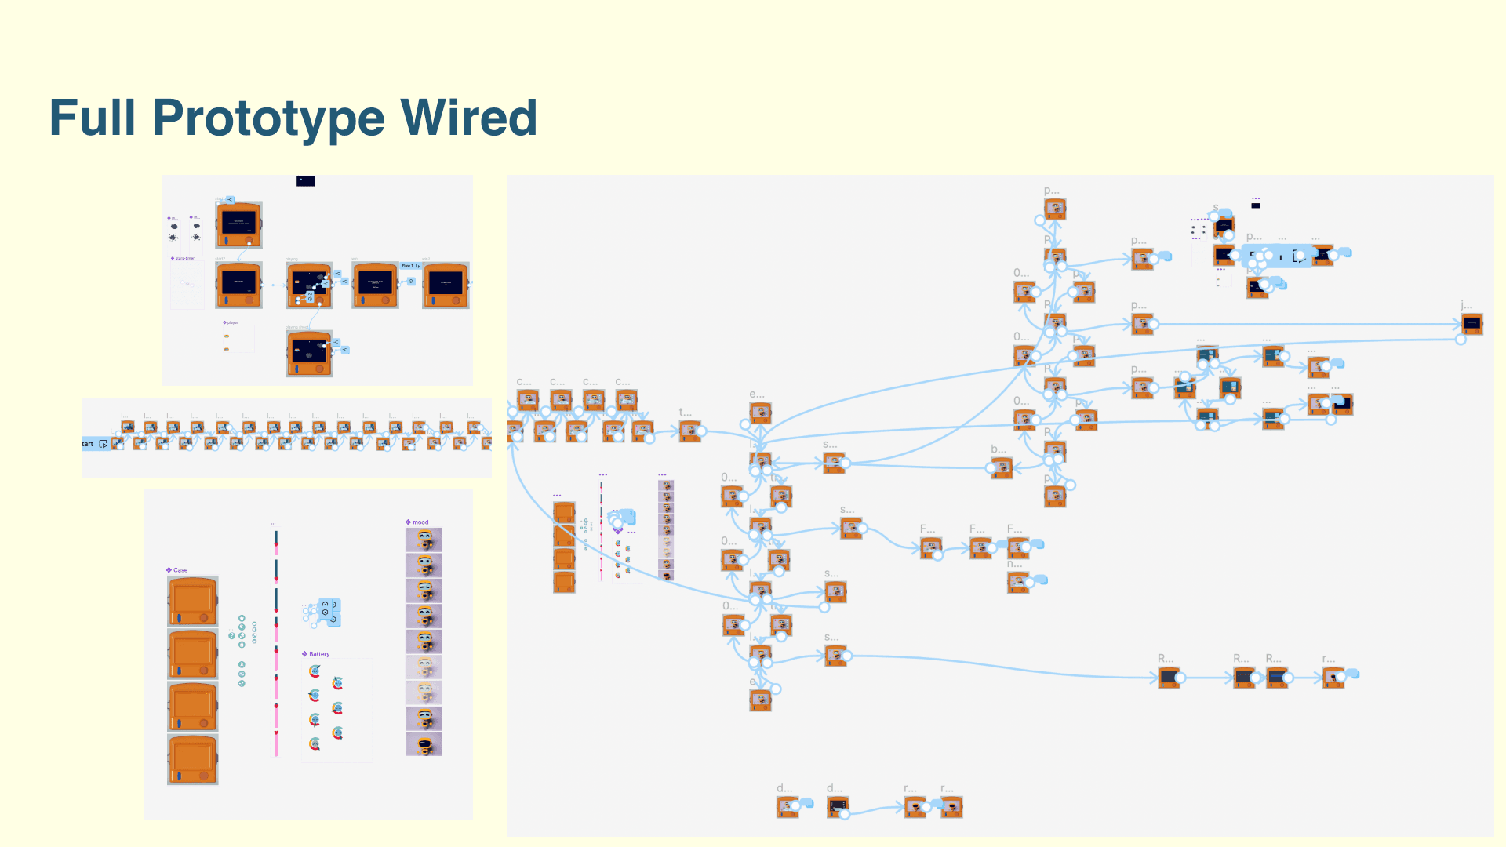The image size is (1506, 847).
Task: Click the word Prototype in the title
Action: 267,118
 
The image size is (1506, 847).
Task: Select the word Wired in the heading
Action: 468,118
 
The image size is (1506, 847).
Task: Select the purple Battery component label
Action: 318,654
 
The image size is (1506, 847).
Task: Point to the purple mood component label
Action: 420,522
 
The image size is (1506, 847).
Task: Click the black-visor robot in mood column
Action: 424,744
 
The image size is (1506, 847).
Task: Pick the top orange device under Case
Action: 193,601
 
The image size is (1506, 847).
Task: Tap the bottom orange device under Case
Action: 193,759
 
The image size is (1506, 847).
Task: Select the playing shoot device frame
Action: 309,353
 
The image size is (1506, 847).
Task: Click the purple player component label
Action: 231,322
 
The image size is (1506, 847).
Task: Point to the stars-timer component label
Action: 184,258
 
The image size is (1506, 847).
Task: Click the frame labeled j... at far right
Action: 1471,323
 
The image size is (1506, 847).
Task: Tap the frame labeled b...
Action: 1001,468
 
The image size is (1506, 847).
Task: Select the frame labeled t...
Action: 689,431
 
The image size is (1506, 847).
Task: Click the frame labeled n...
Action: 1018,581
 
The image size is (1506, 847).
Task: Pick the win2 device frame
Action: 446,285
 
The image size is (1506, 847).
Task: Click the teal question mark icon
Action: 232,635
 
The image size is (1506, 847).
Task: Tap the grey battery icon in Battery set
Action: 337,682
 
